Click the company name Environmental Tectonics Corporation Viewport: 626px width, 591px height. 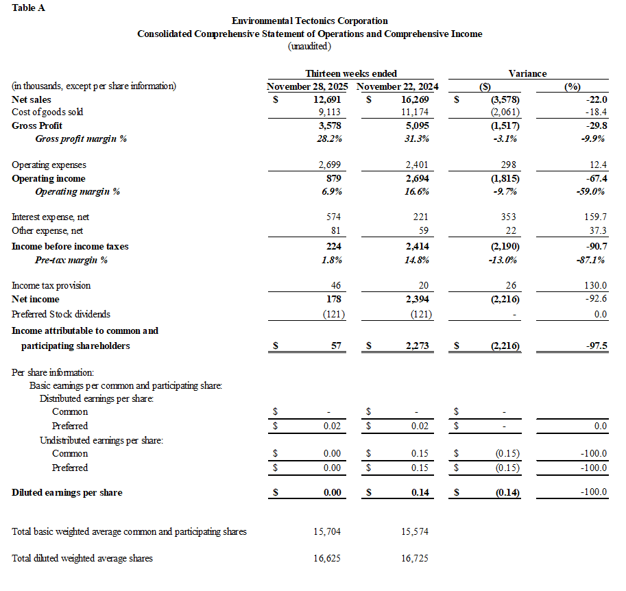coord(309,21)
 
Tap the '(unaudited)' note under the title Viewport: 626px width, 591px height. coord(309,46)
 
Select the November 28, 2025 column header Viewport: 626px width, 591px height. coord(307,86)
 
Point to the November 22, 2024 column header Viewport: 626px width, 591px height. coord(398,86)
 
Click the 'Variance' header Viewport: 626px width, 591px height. coord(527,73)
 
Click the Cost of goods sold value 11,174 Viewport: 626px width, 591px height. coord(414,112)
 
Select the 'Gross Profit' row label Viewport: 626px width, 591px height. coord(37,125)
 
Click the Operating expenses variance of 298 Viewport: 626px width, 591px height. coord(510,165)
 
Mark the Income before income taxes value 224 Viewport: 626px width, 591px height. coord(333,246)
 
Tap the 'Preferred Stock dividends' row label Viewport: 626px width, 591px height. coord(60,314)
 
